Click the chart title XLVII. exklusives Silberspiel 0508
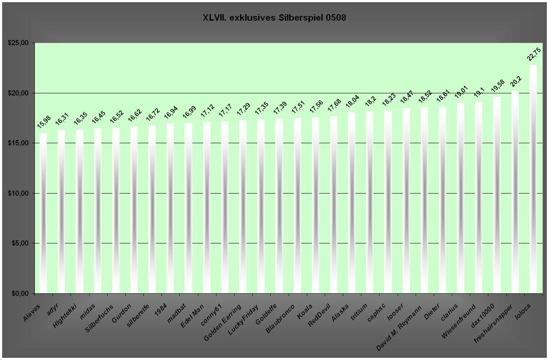coord(274,18)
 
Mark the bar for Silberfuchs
coord(116,210)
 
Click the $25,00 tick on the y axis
coord(18,43)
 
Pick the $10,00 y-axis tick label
coord(18,194)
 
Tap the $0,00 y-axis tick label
coord(19,294)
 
